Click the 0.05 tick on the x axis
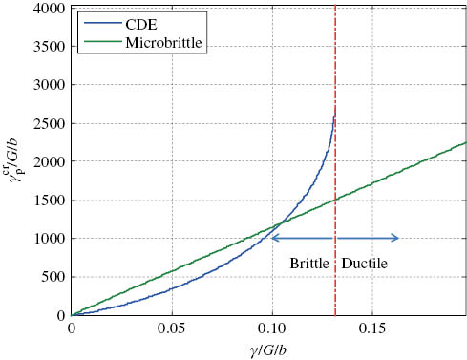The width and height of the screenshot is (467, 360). click(x=171, y=328)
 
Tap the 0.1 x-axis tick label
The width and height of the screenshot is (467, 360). click(x=272, y=328)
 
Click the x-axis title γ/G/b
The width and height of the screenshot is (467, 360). click(x=270, y=349)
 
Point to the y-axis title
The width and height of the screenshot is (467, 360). click(x=16, y=162)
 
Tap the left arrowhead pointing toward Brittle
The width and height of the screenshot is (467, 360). click(x=273, y=238)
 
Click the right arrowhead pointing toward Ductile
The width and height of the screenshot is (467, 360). click(x=396, y=238)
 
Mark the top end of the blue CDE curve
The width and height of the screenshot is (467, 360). click(x=334, y=115)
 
